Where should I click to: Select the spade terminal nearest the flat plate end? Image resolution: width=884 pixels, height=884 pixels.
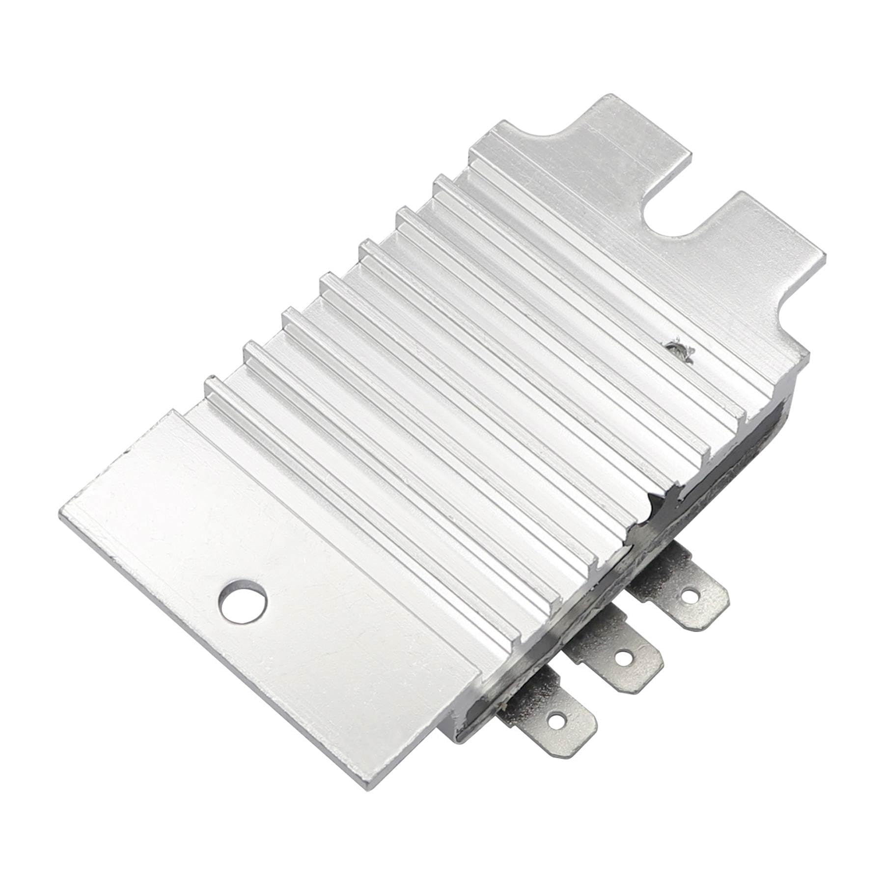click(x=550, y=717)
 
